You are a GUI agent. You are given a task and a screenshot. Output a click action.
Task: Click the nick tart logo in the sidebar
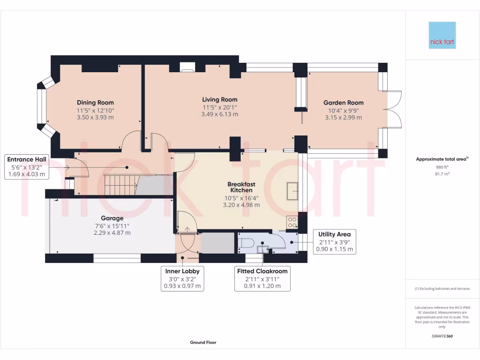click(x=442, y=35)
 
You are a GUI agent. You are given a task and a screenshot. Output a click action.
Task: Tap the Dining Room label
click(x=95, y=103)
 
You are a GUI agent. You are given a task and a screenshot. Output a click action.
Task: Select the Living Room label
click(x=219, y=99)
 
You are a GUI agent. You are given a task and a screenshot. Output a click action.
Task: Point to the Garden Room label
click(x=343, y=103)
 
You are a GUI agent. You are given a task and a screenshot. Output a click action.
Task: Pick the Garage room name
click(x=112, y=218)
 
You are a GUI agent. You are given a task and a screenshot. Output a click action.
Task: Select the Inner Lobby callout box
click(x=182, y=278)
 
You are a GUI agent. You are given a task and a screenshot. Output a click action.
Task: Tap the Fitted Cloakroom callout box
click(x=262, y=278)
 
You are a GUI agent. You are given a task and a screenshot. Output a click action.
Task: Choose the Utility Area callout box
click(x=334, y=241)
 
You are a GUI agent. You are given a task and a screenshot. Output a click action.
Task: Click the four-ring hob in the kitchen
click(x=292, y=222)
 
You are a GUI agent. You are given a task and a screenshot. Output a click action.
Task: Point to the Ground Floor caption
click(x=203, y=343)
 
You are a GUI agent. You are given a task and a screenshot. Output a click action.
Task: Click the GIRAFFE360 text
click(x=442, y=336)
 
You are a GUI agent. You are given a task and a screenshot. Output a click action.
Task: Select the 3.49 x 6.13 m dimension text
click(x=219, y=114)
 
